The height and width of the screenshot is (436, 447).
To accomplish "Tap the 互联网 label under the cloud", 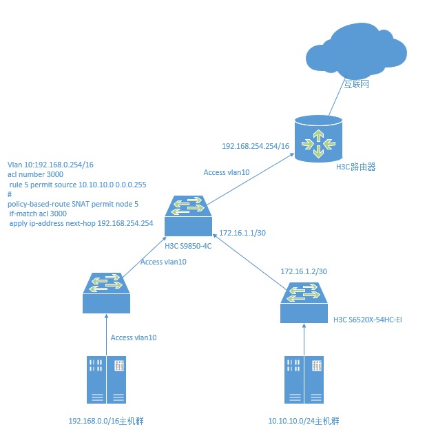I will [357, 84].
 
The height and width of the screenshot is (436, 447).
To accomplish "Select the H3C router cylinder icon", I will [318, 137].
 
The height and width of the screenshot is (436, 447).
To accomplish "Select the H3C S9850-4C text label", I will [188, 245].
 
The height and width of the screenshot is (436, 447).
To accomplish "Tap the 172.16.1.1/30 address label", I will [242, 233].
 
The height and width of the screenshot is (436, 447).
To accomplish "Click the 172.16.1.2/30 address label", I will [303, 273].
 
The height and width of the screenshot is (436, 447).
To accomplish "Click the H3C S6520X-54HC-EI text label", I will [367, 320].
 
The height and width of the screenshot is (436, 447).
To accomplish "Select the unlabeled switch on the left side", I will [106, 291].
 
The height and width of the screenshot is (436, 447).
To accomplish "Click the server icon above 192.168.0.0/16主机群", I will [107, 380].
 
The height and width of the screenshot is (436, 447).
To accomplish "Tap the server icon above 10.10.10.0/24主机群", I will [303, 380].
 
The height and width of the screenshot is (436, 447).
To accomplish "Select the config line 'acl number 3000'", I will [35, 175].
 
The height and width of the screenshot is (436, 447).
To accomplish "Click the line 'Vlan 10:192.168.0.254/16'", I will [50, 165].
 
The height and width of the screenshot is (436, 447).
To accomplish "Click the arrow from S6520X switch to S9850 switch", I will [248, 255].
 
